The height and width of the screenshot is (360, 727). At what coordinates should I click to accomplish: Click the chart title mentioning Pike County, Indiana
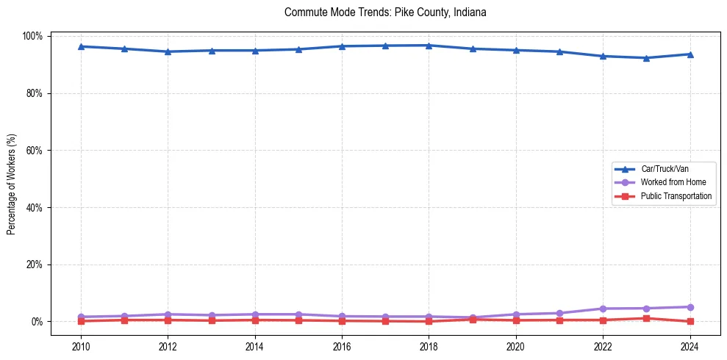click(385, 12)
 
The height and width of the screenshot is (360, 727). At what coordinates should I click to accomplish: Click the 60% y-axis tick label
click(35, 151)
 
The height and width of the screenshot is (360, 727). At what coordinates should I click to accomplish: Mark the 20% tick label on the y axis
click(35, 264)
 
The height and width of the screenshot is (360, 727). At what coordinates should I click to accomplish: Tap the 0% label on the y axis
click(37, 322)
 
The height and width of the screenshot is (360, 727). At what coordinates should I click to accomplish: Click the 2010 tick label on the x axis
click(81, 346)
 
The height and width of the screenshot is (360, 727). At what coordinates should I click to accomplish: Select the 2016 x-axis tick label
click(342, 346)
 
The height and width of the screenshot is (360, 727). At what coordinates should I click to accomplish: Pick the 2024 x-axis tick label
click(690, 346)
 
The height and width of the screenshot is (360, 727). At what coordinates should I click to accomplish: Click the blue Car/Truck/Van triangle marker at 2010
click(81, 46)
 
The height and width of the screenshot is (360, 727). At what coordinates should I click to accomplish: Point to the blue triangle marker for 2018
click(429, 46)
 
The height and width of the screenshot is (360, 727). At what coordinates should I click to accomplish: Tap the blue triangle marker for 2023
click(646, 58)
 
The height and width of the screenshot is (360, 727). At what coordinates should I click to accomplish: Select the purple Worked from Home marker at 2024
click(690, 307)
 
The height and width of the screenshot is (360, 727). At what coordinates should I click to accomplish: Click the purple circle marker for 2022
click(603, 309)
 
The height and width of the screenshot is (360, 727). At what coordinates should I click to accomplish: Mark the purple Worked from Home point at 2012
click(168, 314)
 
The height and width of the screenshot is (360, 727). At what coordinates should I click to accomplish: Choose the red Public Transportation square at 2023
click(646, 318)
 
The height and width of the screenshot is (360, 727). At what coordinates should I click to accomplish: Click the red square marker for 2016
click(342, 320)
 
